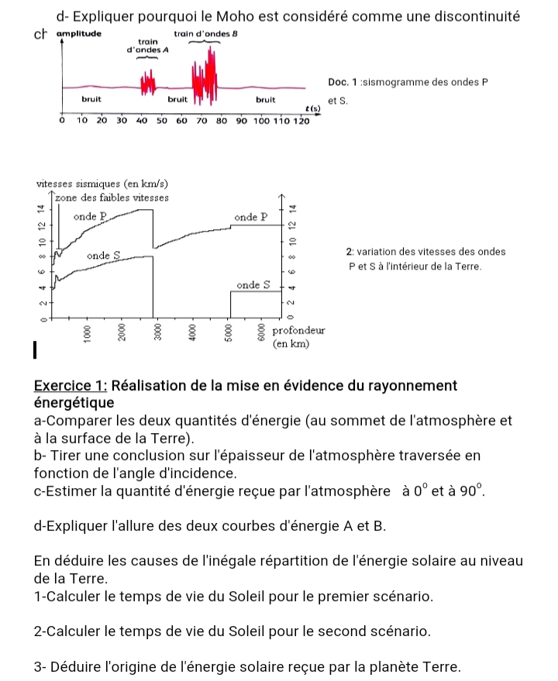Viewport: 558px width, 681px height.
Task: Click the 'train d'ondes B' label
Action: point(199,35)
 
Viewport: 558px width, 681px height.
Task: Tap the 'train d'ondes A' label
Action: point(150,46)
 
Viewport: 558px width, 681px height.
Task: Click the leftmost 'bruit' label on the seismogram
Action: point(92,100)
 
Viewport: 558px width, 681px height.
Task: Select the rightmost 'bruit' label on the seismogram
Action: point(266,100)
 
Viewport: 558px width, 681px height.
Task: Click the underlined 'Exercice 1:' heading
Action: point(74,386)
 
